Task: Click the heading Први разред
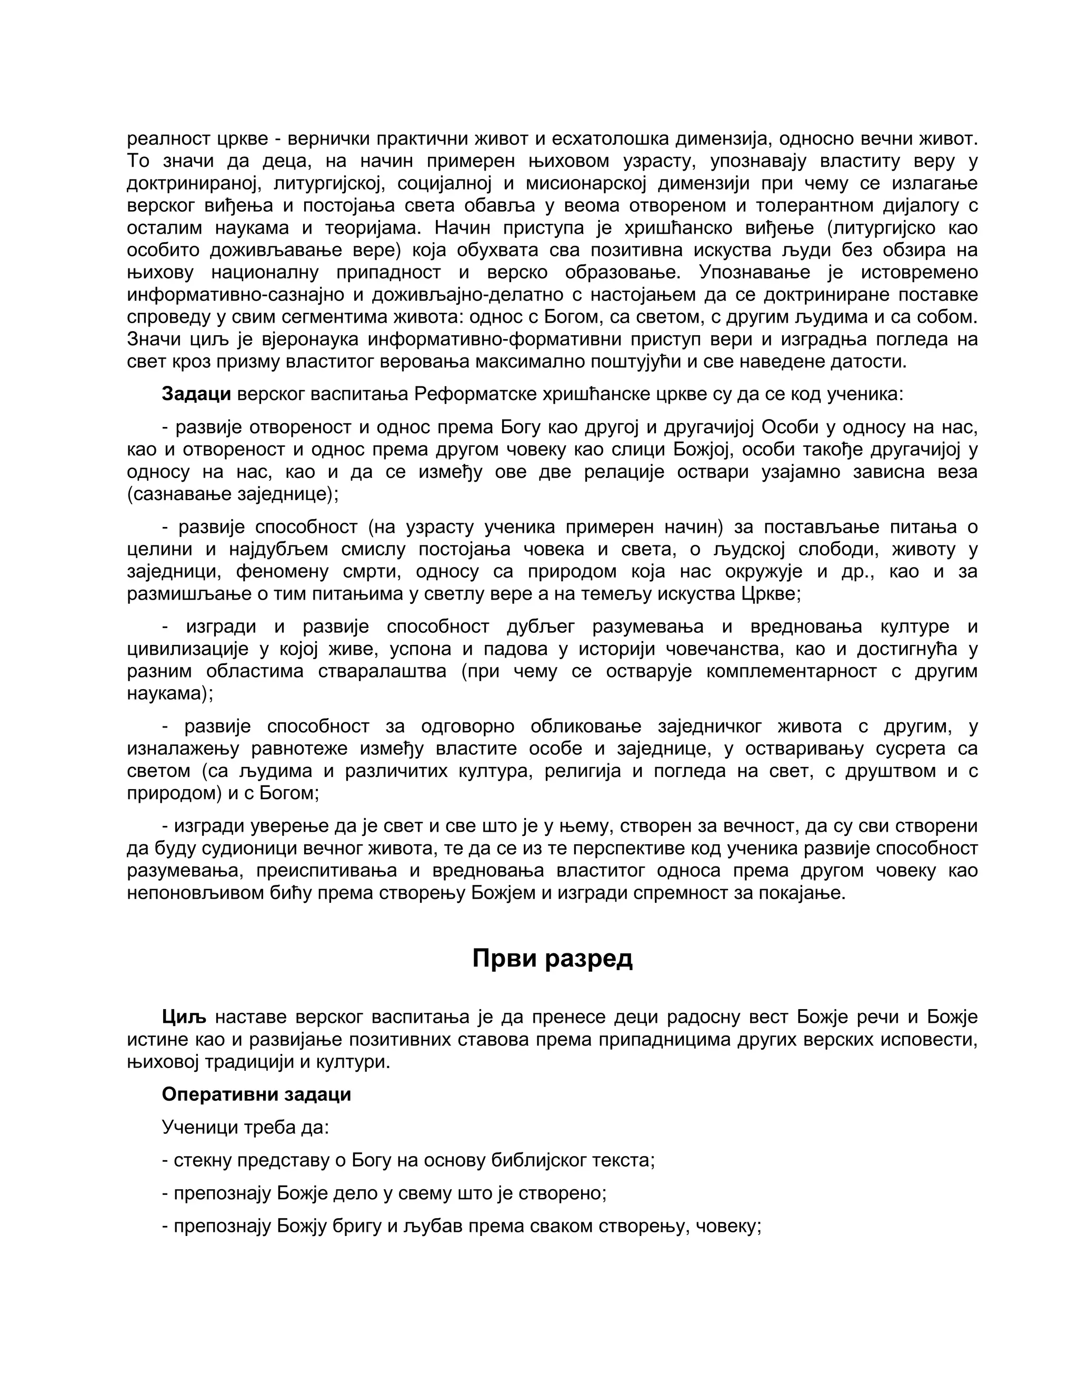tap(552, 959)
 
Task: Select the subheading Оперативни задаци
tap(256, 1094)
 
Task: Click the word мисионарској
tap(584, 183)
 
